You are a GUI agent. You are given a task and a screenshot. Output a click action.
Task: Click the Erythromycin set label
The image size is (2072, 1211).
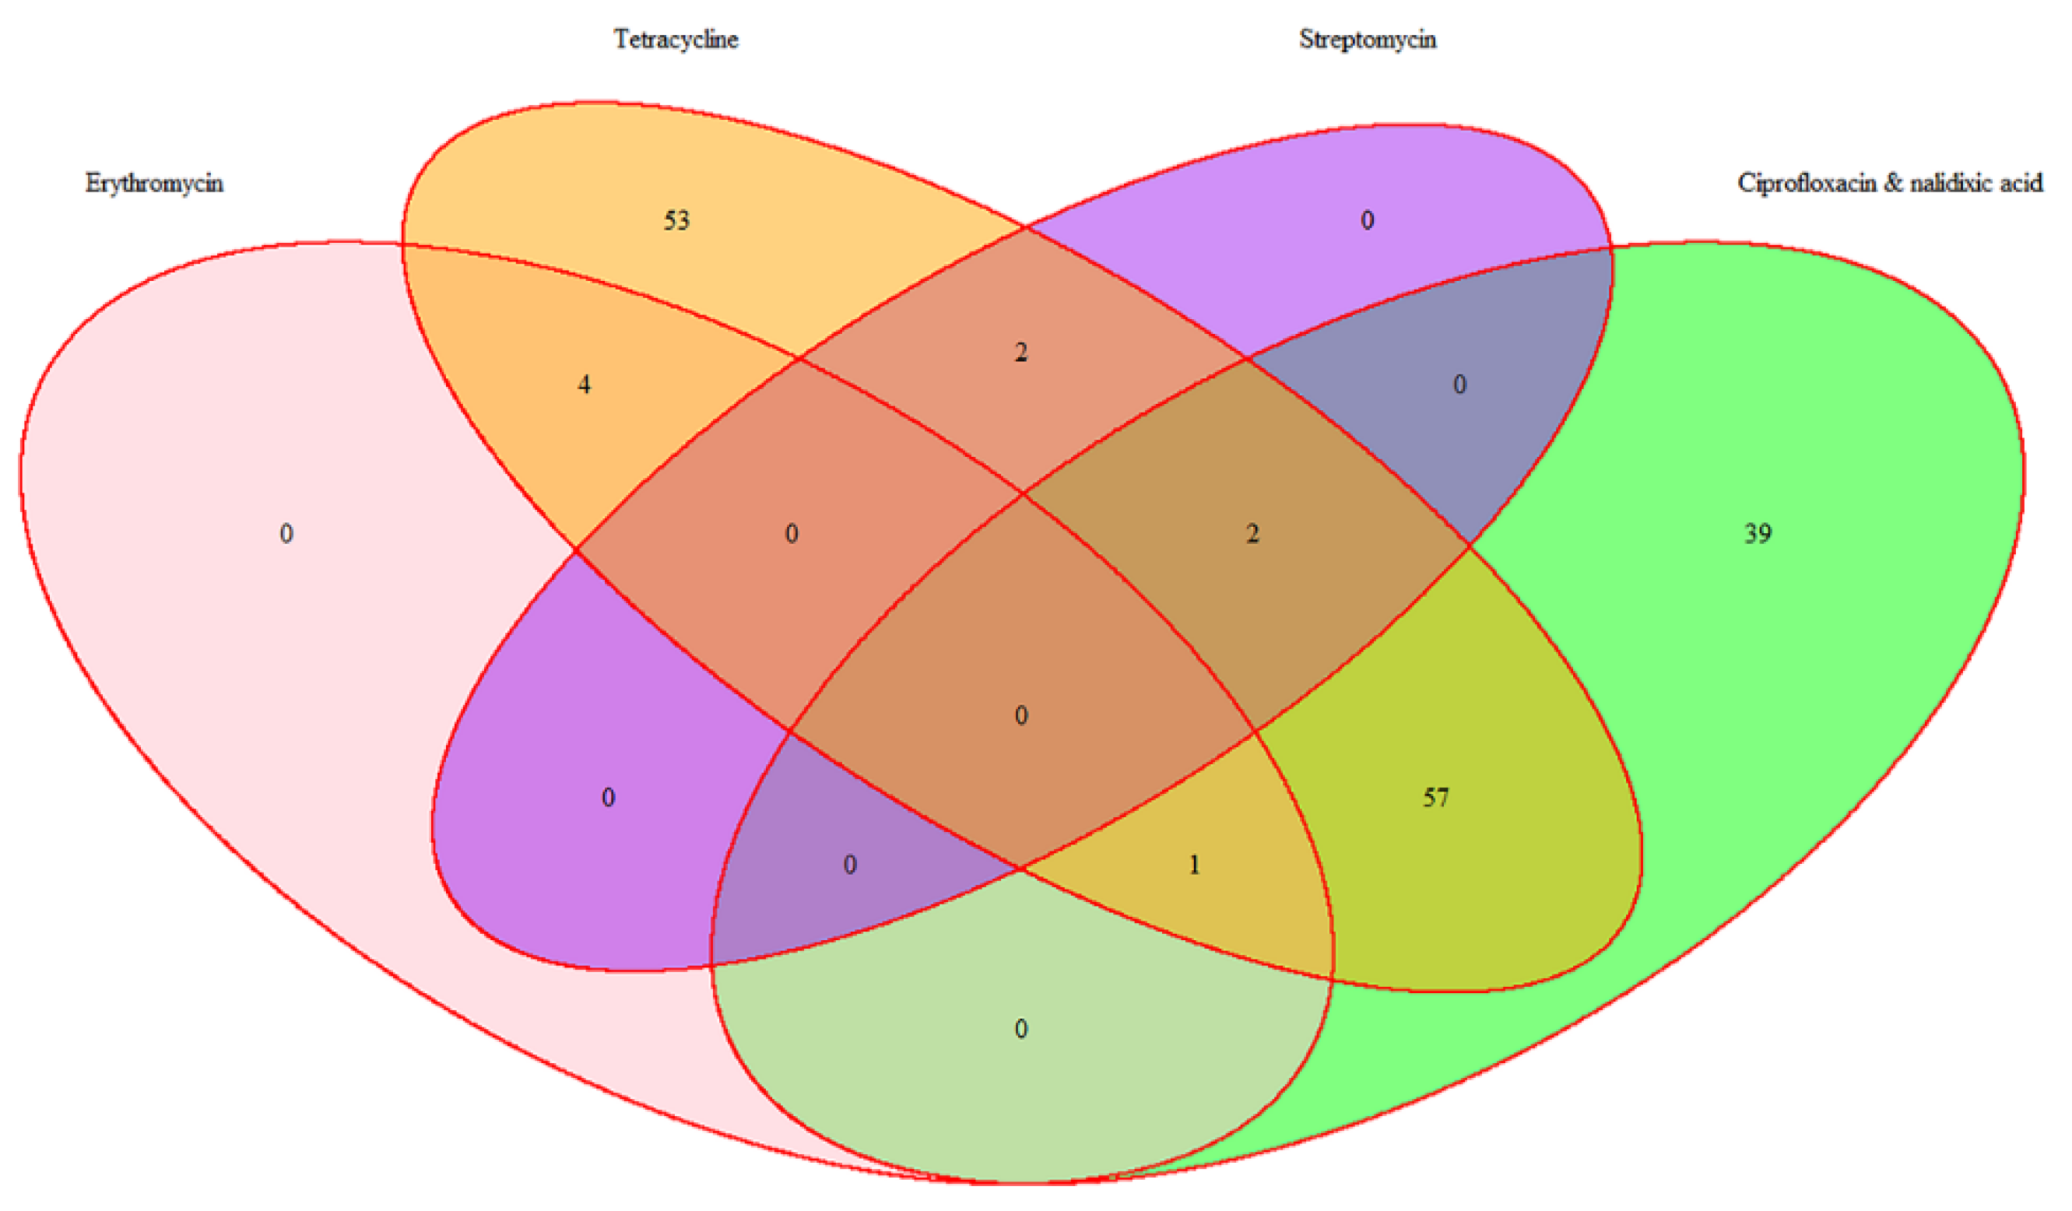[154, 183]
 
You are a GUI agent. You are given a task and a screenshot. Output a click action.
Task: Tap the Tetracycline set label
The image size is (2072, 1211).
[676, 40]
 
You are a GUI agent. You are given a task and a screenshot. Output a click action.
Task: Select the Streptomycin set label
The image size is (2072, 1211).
[1368, 40]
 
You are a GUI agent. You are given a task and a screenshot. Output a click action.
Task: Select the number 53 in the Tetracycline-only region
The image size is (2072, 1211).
[676, 220]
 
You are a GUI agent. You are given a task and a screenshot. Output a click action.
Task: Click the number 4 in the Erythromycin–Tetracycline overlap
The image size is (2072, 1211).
[584, 384]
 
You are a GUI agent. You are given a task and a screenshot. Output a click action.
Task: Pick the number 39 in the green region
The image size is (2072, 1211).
[1758, 535]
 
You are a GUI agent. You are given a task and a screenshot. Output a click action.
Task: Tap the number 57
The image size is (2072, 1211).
[1435, 798]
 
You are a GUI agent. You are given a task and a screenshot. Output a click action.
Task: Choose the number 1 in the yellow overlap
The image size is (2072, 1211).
[1194, 865]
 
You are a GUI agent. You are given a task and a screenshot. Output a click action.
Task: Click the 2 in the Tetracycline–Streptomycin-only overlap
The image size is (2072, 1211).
[1020, 353]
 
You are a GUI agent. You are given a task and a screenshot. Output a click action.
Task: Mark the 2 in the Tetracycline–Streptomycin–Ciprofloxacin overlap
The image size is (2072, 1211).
[1252, 535]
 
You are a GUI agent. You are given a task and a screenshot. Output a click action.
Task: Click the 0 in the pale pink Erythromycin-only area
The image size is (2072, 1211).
[286, 535]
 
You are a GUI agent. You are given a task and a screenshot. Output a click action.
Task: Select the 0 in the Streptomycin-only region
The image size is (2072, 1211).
[1367, 220]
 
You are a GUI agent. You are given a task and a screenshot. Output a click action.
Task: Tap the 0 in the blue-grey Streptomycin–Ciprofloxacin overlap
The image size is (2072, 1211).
[1459, 384]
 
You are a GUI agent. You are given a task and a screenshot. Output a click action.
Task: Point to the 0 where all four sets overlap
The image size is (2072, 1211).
[1020, 715]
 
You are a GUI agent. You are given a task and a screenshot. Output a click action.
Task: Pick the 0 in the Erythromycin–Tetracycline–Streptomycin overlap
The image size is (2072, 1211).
[791, 535]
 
